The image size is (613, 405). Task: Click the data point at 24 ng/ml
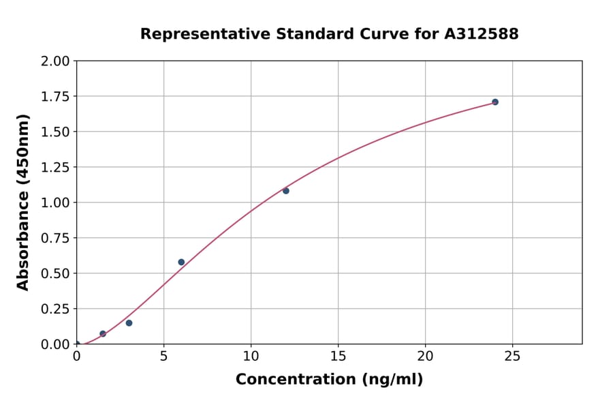coord(495,102)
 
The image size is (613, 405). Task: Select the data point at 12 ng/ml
coord(286,191)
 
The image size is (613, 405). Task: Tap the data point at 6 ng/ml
coord(181,262)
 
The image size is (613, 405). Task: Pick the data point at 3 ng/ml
coord(129,323)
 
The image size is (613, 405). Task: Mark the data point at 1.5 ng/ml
coord(103,334)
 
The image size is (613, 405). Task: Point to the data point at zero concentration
coord(77,344)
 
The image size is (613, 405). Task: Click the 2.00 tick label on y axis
coord(55,61)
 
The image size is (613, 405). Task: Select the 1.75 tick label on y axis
coord(55,97)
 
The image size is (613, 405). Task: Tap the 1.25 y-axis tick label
coord(55,168)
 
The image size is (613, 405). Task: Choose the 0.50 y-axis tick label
coord(55,273)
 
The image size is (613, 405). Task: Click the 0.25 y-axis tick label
coord(55,309)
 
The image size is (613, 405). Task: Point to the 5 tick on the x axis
coord(163,355)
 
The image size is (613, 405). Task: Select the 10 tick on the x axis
coord(251,355)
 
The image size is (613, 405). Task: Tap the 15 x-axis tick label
coord(338,355)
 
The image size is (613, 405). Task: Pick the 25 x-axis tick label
coord(512,355)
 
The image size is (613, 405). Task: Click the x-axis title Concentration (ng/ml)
coord(329,380)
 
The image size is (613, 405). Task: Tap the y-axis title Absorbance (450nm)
coord(23,202)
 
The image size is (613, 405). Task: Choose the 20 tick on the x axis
coord(425,355)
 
